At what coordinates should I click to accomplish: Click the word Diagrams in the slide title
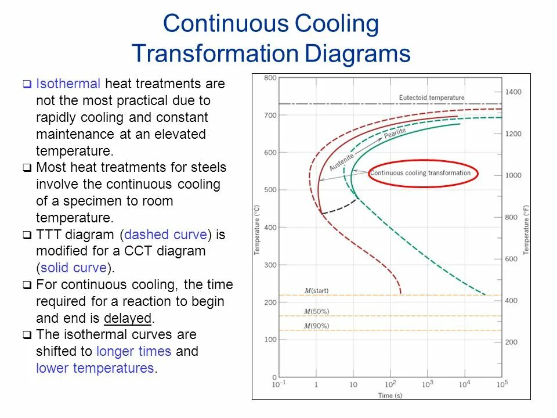[x=357, y=54]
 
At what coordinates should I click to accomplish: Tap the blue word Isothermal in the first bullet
[x=68, y=84]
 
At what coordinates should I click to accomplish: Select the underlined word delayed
[x=128, y=318]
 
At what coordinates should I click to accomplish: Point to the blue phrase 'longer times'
[x=133, y=351]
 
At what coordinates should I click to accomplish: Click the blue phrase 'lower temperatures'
[x=95, y=368]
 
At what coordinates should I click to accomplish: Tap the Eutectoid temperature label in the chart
[x=432, y=98]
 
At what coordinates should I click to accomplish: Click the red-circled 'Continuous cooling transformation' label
[x=420, y=173]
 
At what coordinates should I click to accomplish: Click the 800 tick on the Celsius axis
[x=270, y=78]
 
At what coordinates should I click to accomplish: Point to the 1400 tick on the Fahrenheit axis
[x=513, y=92]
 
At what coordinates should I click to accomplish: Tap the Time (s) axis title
[x=390, y=395]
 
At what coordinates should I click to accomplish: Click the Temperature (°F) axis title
[x=526, y=229]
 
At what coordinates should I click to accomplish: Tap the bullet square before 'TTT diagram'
[x=27, y=235]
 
